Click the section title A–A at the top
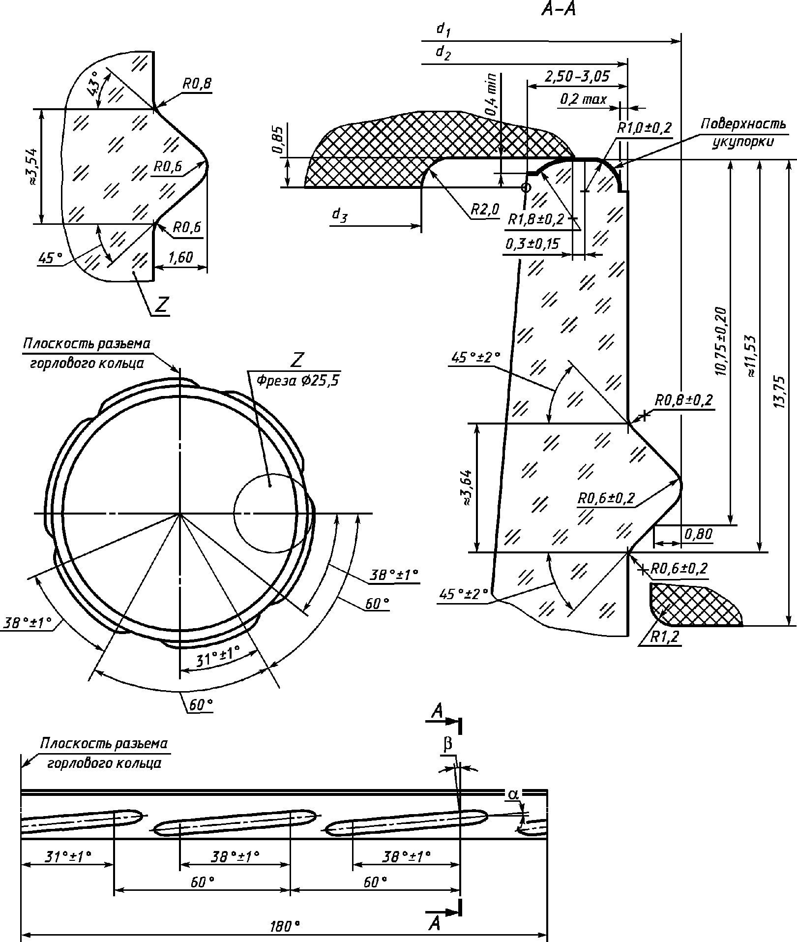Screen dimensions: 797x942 pos(558,9)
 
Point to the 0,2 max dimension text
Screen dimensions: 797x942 pos(583,99)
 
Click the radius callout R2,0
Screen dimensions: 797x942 pos(485,210)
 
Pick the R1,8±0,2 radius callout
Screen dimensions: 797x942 pos(535,219)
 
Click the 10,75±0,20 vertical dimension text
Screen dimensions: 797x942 pos(720,342)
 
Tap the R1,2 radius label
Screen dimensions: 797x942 pos(664,637)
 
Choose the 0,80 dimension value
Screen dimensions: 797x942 pos(698,534)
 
